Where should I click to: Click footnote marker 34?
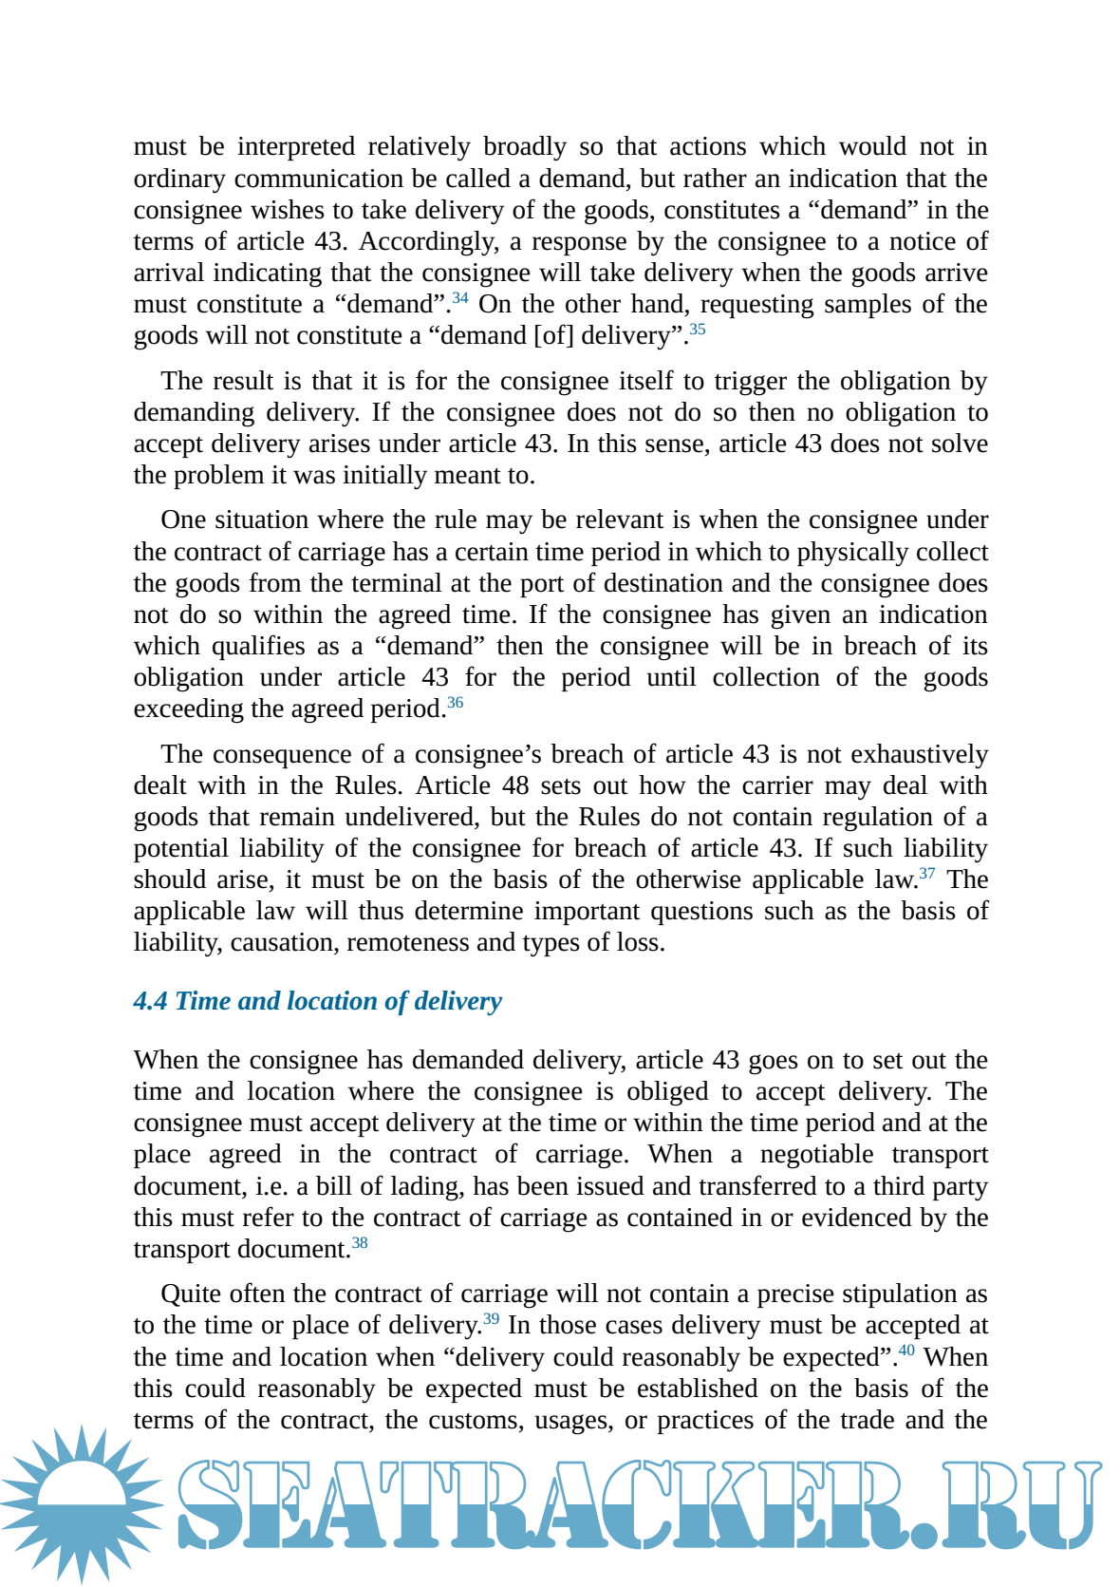pyautogui.click(x=459, y=298)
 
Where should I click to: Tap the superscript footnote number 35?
pyautogui.click(x=698, y=330)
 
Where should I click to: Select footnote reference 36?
pyautogui.click(x=456, y=703)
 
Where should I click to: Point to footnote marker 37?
pyautogui.click(x=927, y=874)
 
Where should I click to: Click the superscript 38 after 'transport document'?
pyautogui.click(x=360, y=1243)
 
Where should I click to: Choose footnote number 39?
pyautogui.click(x=491, y=1319)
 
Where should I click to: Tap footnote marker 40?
pyautogui.click(x=906, y=1351)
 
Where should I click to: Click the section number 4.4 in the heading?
pyautogui.click(x=150, y=1001)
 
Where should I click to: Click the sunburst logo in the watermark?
pyautogui.click(x=81, y=1503)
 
